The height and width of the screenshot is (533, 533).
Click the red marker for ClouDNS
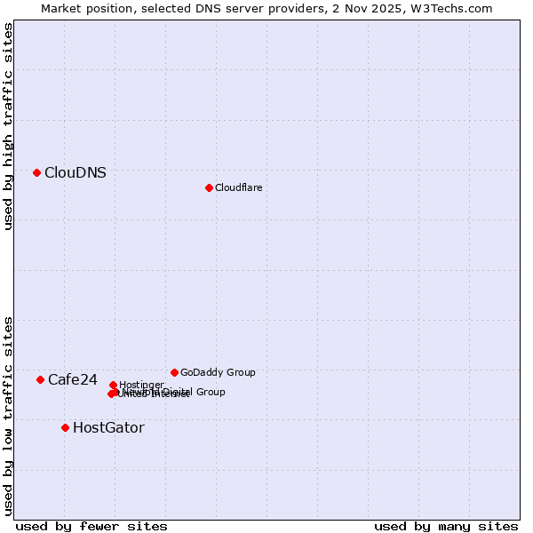36,172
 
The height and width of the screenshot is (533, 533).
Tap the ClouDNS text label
76,173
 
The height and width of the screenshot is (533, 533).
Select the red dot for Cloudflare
209,187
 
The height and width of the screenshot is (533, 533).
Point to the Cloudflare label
238,187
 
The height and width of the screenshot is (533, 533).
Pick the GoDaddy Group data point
174,372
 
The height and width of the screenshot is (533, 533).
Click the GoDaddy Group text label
218,372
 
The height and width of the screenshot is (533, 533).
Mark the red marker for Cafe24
40,379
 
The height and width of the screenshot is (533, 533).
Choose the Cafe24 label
73,380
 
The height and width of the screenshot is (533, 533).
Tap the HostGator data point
65,427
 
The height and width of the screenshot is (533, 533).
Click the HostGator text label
108,428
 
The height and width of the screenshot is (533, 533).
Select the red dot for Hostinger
113,385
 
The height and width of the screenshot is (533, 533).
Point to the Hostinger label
141,385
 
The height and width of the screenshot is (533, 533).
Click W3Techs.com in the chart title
457,8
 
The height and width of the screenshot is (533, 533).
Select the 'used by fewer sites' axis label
91,526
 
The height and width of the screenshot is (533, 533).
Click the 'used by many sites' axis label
446,526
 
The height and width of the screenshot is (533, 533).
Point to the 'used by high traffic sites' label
8,126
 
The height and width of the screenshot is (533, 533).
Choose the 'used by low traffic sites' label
8,415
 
